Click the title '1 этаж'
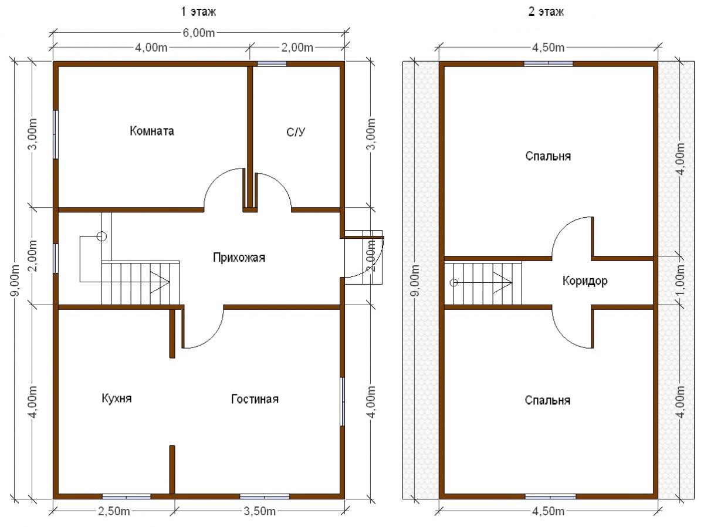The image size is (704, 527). pyautogui.click(x=198, y=12)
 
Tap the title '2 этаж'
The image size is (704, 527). pyautogui.click(x=546, y=12)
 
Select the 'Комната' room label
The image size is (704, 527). pyautogui.click(x=152, y=131)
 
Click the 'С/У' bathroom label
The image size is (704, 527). pyautogui.click(x=296, y=132)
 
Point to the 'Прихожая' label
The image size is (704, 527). pyautogui.click(x=239, y=258)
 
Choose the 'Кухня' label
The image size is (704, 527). pyautogui.click(x=116, y=398)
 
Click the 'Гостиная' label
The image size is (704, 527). pyautogui.click(x=255, y=399)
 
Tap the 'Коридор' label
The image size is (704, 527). pyautogui.click(x=585, y=281)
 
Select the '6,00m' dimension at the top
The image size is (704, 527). pyautogui.click(x=198, y=33)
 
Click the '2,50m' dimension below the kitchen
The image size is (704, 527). pyautogui.click(x=114, y=511)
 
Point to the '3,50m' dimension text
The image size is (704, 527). pyautogui.click(x=259, y=511)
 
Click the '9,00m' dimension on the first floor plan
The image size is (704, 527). pyautogui.click(x=16, y=281)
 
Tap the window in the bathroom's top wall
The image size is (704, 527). pyautogui.click(x=272, y=64)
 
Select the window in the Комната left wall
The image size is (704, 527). pyautogui.click(x=56, y=135)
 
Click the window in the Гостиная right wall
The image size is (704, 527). pyautogui.click(x=342, y=401)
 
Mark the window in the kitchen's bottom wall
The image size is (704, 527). pyautogui.click(x=126, y=497)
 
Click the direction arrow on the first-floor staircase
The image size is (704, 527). pyautogui.click(x=160, y=282)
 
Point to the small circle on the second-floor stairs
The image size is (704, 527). pyautogui.click(x=453, y=283)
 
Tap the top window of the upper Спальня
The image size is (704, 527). pyautogui.click(x=549, y=64)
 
